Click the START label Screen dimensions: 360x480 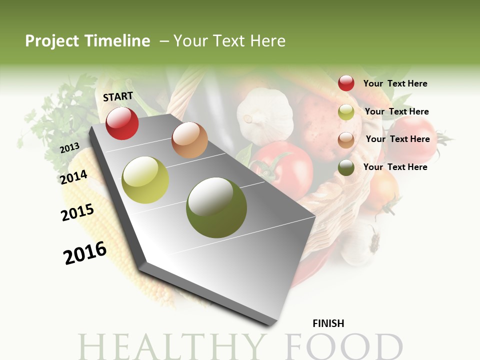click(x=118, y=96)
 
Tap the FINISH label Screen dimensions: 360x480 click(x=328, y=323)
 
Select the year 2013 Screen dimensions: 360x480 click(x=69, y=147)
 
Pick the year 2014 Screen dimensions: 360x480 click(x=73, y=177)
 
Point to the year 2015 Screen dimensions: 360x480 click(x=77, y=212)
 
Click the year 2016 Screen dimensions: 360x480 click(x=85, y=253)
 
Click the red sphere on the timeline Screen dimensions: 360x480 click(x=122, y=123)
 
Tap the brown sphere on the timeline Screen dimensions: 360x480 click(x=189, y=140)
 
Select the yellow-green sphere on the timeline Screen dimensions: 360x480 click(x=145, y=180)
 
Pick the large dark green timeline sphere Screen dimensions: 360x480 click(x=216, y=207)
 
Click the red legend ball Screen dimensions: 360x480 click(x=346, y=83)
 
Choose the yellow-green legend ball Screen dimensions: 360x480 click(x=346, y=112)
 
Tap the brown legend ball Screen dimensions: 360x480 click(x=346, y=139)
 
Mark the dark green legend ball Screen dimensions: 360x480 click(x=346, y=167)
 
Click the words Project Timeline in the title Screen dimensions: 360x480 click(x=87, y=41)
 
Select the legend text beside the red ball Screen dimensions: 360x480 click(x=395, y=83)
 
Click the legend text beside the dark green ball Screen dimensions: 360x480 click(x=395, y=167)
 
